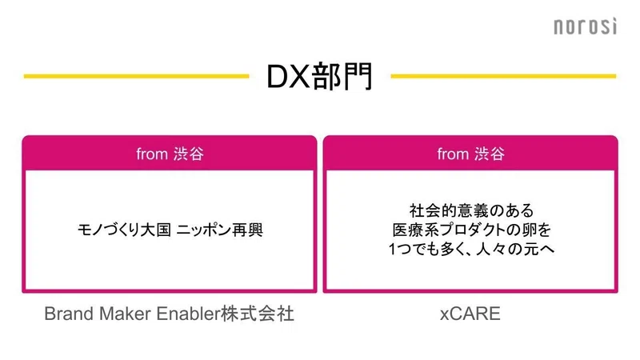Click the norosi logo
point(586,26)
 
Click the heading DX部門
point(319,76)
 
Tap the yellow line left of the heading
point(136,76)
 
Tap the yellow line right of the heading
point(503,76)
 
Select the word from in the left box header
point(152,154)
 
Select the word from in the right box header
point(453,154)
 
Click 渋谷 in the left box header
point(189,154)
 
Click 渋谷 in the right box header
point(490,154)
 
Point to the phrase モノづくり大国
point(124,230)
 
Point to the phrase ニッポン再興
point(220,230)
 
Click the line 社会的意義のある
point(471,211)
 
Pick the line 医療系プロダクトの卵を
point(471,230)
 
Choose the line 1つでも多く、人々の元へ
point(471,249)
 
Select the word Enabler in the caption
point(189,314)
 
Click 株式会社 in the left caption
point(258,314)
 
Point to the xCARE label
point(470,314)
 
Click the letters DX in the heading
point(288,76)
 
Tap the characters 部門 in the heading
point(342,76)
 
